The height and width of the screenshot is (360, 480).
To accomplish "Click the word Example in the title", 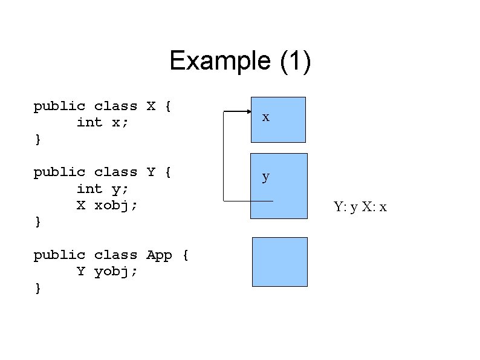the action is tap(219, 61).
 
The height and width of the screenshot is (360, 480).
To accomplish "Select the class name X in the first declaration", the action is tap(151, 106).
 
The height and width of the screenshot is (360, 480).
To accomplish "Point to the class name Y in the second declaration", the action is tap(151, 172).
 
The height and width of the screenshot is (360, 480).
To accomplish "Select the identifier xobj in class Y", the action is tap(115, 205).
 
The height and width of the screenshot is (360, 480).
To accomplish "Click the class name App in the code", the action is tap(160, 255).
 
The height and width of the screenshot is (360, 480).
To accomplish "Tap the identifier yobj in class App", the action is tap(115, 271).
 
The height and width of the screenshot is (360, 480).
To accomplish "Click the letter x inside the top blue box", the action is tap(265, 117).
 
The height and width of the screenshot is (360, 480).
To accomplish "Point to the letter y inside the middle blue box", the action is tap(265, 177).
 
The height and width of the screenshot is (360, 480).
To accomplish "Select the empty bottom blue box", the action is tap(279, 261).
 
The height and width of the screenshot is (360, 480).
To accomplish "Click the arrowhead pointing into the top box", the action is tap(248, 112).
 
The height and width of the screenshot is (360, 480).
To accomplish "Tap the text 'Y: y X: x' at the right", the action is tap(360, 208).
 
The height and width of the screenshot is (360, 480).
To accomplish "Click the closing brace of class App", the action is tap(38, 288).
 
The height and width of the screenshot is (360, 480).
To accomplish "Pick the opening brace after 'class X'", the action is tap(168, 106).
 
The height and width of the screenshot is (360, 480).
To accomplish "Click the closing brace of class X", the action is tap(38, 139).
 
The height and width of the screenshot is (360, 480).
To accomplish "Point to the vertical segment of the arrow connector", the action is tap(224, 156).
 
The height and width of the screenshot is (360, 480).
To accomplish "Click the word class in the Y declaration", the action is tap(115, 172).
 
